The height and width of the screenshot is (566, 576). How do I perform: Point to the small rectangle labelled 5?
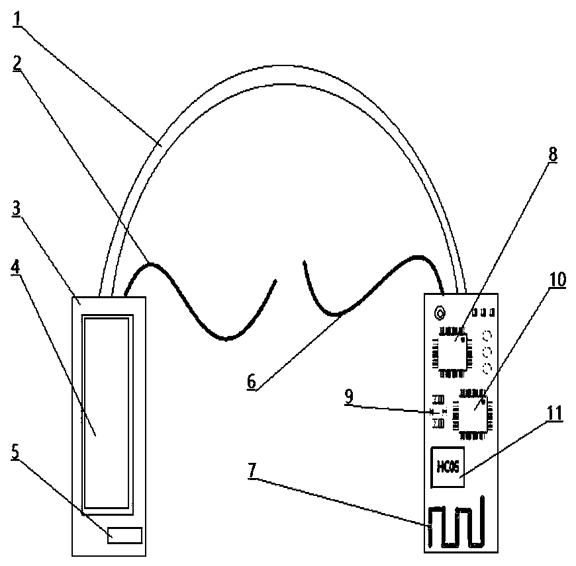pos(125,535)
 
